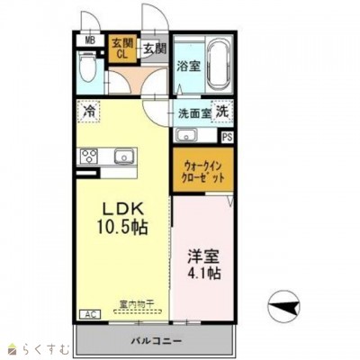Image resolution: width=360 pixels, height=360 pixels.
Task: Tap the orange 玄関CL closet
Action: pyautogui.click(x=119, y=46)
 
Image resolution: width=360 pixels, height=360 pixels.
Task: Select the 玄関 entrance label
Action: pyautogui.click(x=154, y=47)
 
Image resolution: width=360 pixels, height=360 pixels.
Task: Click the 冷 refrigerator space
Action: pyautogui.click(x=90, y=112)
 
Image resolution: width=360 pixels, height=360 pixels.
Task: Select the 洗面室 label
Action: pyautogui.click(x=193, y=113)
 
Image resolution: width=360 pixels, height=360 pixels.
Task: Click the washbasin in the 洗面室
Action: pyautogui.click(x=186, y=136)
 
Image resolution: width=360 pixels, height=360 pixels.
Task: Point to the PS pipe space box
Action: pyautogui.click(x=226, y=136)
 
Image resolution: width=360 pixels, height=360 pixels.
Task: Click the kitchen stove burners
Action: pyautogui.click(x=89, y=157)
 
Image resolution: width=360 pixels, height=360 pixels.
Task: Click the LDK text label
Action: pyautogui.click(x=121, y=202)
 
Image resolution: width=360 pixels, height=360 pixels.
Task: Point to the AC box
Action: pyautogui.click(x=90, y=314)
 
